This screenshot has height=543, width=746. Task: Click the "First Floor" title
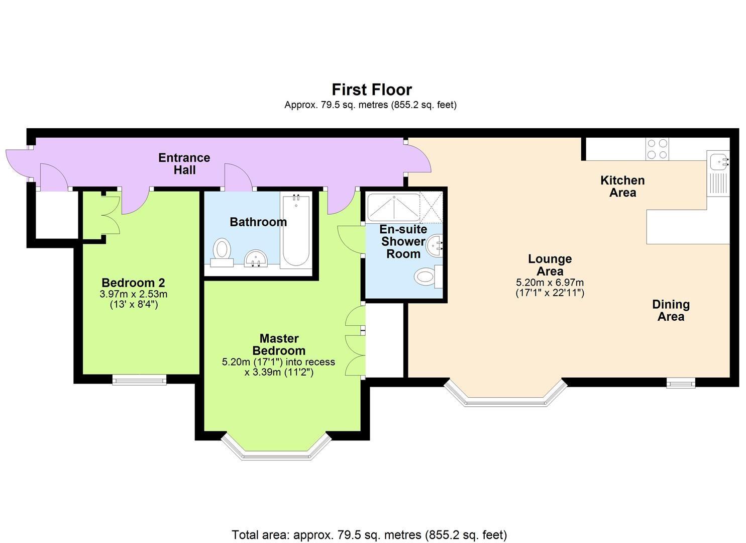tap(372, 89)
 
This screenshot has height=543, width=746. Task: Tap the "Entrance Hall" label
tap(184, 164)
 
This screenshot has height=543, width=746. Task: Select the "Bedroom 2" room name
tap(133, 283)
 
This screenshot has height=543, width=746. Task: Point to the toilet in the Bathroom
tap(222, 251)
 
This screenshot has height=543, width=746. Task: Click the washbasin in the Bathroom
tap(256, 260)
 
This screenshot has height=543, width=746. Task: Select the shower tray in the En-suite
tap(393, 207)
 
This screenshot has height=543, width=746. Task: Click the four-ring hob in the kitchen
tap(657, 148)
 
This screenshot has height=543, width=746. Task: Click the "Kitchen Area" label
tap(622, 187)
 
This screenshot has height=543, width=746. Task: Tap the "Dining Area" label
tap(671, 310)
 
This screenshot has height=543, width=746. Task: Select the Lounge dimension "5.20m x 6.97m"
tap(550, 283)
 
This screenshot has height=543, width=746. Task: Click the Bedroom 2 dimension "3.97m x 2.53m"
tap(134, 294)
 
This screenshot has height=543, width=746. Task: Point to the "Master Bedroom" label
tap(279, 344)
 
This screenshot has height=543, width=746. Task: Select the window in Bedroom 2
tap(139, 380)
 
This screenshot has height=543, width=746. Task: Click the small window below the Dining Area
tap(681, 384)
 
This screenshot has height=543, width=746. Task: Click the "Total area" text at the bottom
tap(369, 534)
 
